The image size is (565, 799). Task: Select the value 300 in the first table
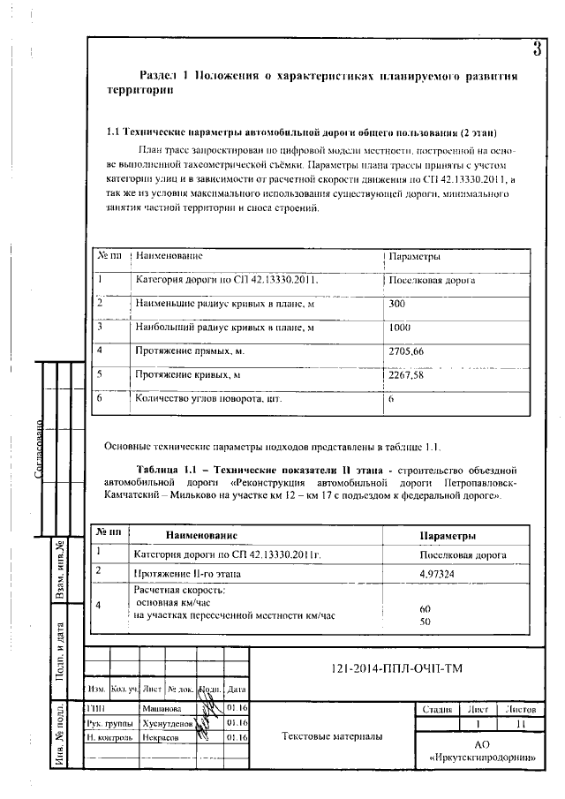tap(397, 304)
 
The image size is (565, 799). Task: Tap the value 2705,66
tap(406, 351)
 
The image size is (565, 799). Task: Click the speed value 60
tap(425, 609)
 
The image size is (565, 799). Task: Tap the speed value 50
tap(425, 622)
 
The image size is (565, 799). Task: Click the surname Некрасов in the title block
tap(161, 736)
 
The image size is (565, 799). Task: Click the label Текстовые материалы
tap(331, 735)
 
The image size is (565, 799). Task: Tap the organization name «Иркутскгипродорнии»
tap(481, 758)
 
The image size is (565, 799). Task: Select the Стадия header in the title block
tap(438, 709)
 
